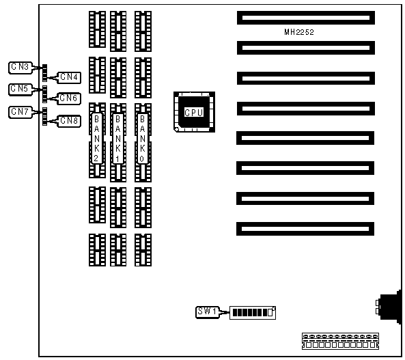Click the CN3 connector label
tap(20, 68)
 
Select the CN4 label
tap(69, 77)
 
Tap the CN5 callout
tap(20, 89)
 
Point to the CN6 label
tap(69, 98)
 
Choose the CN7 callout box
tap(20, 112)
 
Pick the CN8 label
tap(69, 121)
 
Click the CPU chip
tap(194, 112)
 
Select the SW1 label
tap(208, 312)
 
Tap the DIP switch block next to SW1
tap(253, 313)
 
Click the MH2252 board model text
tap(299, 32)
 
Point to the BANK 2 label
tap(97, 139)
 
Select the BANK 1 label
tap(117, 139)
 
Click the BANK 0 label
tap(142, 139)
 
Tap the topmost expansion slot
tap(306, 18)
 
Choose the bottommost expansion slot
tap(305, 229)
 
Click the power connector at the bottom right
tap(340, 342)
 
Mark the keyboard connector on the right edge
tap(390, 307)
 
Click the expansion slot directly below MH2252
tap(306, 48)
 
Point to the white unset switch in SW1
tap(270, 312)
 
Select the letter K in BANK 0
tap(142, 148)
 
